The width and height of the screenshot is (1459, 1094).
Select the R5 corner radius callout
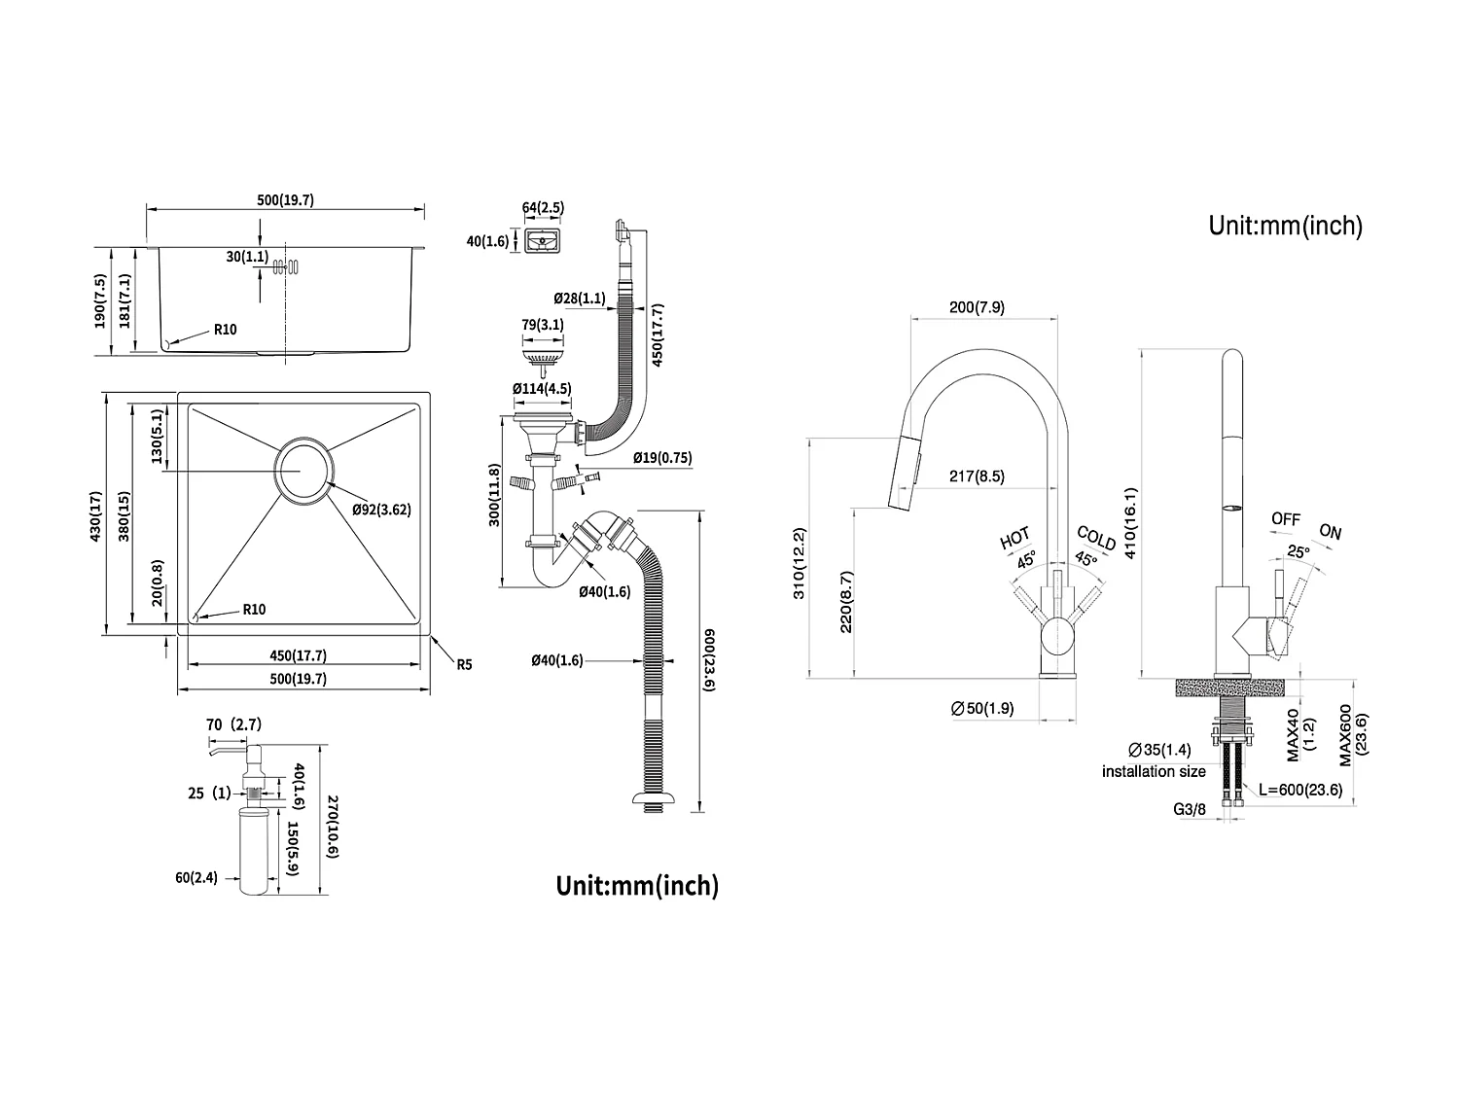464,665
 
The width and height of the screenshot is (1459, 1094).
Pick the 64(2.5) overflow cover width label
543,207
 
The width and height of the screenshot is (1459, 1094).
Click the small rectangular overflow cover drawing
543,240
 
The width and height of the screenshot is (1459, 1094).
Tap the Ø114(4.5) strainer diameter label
542,388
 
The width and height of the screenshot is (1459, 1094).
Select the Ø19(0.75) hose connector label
662,457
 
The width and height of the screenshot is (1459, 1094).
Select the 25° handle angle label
1298,551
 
